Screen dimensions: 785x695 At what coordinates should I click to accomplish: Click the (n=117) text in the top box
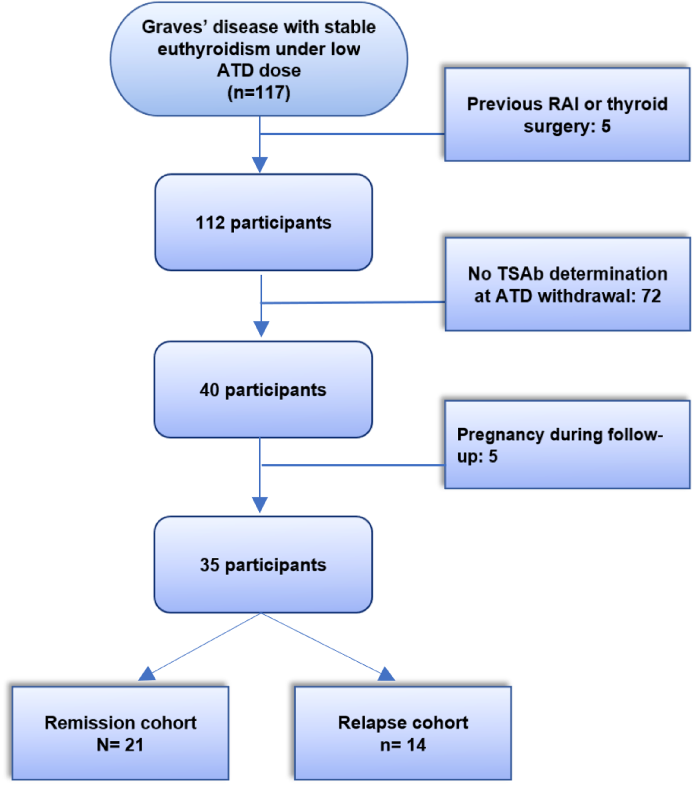coord(259,93)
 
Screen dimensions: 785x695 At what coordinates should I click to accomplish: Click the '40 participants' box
coord(263,390)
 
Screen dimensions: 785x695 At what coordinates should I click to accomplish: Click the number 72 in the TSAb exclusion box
coord(651,296)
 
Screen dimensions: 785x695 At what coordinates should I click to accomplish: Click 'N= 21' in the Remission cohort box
coord(120,745)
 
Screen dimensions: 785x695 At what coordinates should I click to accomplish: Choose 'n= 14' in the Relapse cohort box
coord(403,745)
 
